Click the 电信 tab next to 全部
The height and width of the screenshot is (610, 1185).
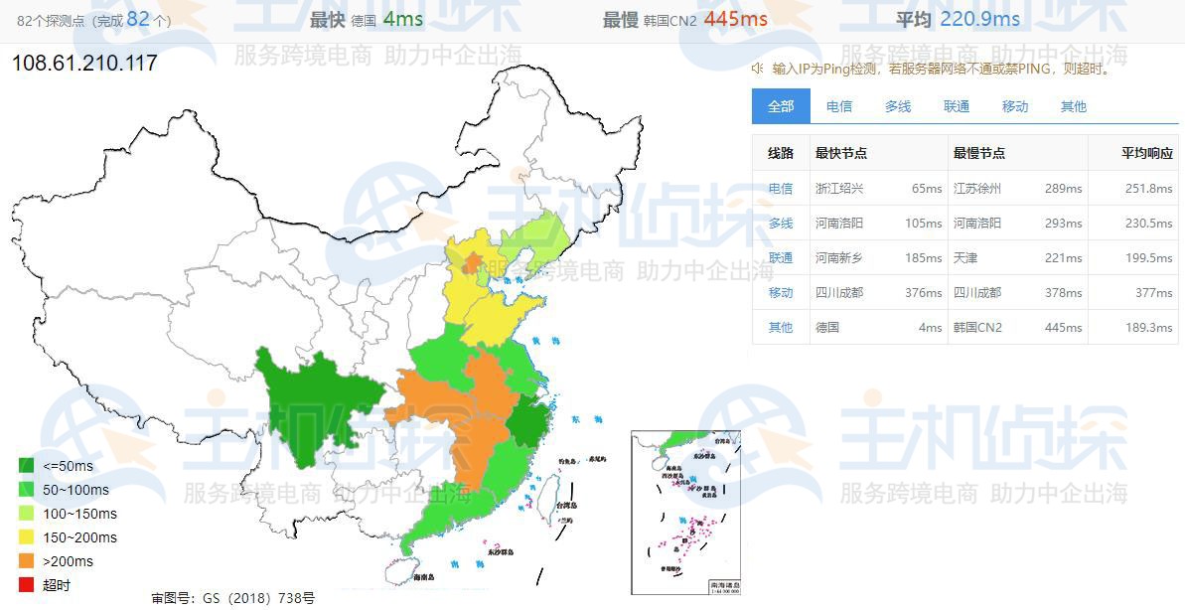point(839,106)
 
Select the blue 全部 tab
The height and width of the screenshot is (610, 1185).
point(781,106)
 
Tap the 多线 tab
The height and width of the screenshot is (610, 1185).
point(898,106)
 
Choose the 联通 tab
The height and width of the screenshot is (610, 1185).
point(957,106)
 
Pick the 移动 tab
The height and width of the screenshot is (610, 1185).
point(1015,106)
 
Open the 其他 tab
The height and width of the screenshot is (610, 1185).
point(1074,106)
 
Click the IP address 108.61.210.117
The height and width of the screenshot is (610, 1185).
point(84,64)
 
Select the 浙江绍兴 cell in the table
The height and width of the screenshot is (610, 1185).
point(839,189)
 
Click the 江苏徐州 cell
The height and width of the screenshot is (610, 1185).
point(977,189)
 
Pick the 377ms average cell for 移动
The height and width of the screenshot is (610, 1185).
point(1153,293)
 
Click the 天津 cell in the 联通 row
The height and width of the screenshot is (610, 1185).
point(965,258)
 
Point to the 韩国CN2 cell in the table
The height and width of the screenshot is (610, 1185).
point(977,328)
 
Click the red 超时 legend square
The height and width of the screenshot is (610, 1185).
point(27,585)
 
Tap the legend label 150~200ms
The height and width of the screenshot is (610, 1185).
point(79,537)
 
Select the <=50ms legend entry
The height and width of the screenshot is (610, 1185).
point(68,466)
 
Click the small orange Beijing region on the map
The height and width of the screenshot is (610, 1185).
point(470,263)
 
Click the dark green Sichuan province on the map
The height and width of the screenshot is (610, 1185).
point(308,402)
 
